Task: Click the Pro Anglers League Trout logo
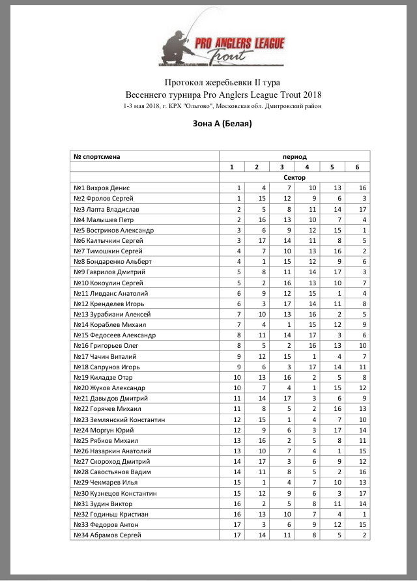(223, 45)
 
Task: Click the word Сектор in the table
(295, 177)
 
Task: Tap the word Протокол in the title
(182, 83)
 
